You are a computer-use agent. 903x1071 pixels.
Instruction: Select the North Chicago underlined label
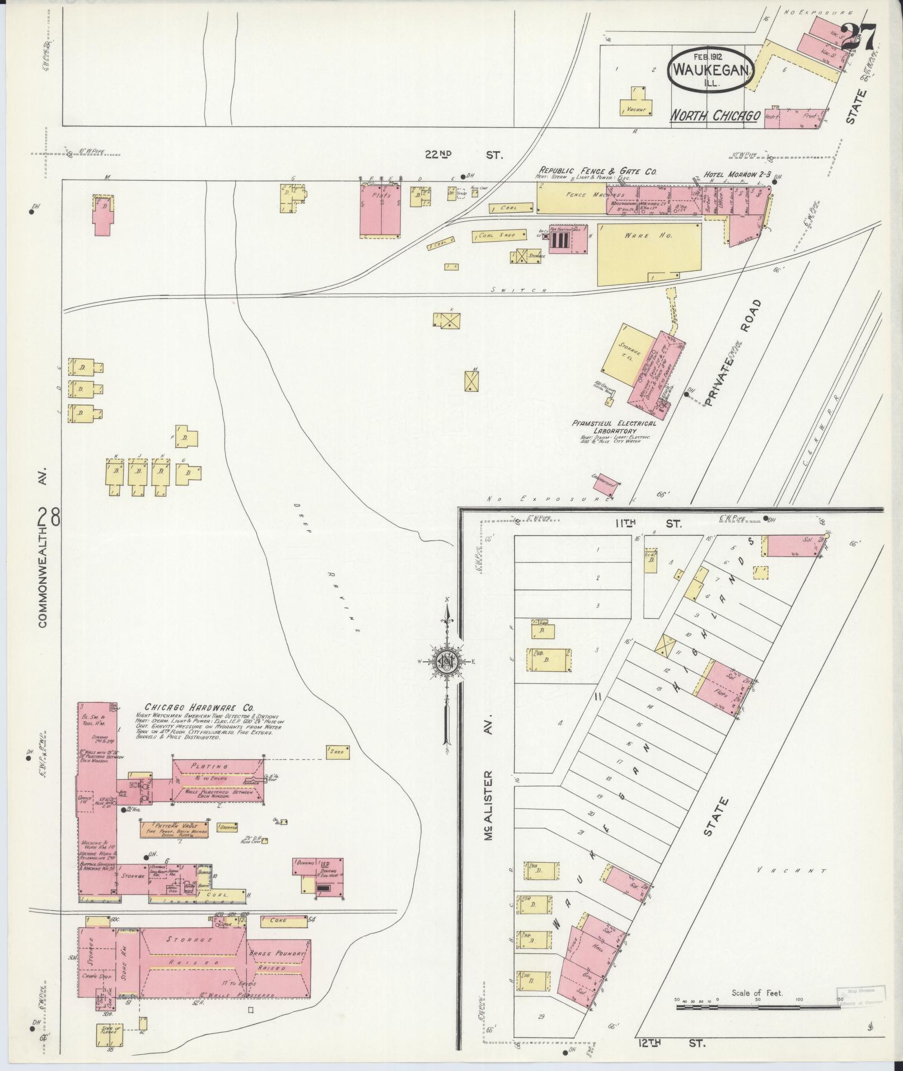(x=715, y=116)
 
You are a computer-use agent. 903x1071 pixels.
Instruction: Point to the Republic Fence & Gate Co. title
(x=597, y=171)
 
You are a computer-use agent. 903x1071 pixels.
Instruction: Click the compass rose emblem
(x=447, y=663)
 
